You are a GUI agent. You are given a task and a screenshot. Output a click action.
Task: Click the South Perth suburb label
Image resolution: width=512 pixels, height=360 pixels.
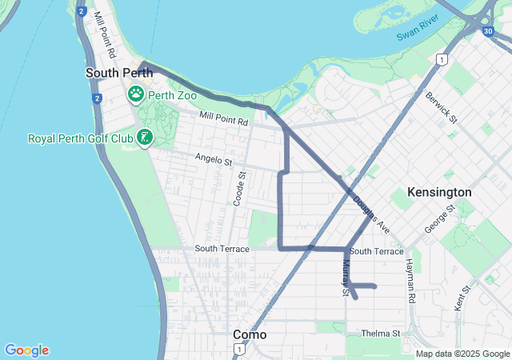tap(114, 73)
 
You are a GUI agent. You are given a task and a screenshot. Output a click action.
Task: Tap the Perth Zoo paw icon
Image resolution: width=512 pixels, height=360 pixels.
tap(137, 94)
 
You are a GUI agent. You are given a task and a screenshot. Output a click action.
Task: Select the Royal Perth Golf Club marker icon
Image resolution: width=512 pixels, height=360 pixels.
tap(145, 138)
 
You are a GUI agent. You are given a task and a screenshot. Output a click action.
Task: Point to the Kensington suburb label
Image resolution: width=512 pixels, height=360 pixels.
tap(439, 193)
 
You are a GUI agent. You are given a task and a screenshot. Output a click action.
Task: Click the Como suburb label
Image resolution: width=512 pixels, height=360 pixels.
tap(250, 334)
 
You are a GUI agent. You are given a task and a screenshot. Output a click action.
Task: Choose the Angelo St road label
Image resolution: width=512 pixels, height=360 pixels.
tap(213, 162)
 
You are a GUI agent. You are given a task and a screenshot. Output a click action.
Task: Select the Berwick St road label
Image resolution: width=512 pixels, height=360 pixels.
tap(441, 108)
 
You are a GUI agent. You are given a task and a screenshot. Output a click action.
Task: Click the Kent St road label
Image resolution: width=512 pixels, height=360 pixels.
tap(462, 299)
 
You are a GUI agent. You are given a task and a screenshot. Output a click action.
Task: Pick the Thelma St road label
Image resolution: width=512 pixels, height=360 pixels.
tap(380, 333)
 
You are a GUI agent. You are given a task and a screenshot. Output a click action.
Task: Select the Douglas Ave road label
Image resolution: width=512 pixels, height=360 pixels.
tap(371, 215)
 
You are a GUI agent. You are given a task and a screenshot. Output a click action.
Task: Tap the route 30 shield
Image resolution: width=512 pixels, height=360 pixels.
tap(488, 31)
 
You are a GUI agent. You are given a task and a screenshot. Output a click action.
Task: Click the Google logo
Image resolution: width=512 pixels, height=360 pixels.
tap(26, 350)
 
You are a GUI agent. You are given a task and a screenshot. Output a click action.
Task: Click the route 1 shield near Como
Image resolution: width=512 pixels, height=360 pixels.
tap(238, 350)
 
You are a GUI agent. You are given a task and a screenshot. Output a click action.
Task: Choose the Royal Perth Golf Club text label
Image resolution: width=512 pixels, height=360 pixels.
tap(81, 138)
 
